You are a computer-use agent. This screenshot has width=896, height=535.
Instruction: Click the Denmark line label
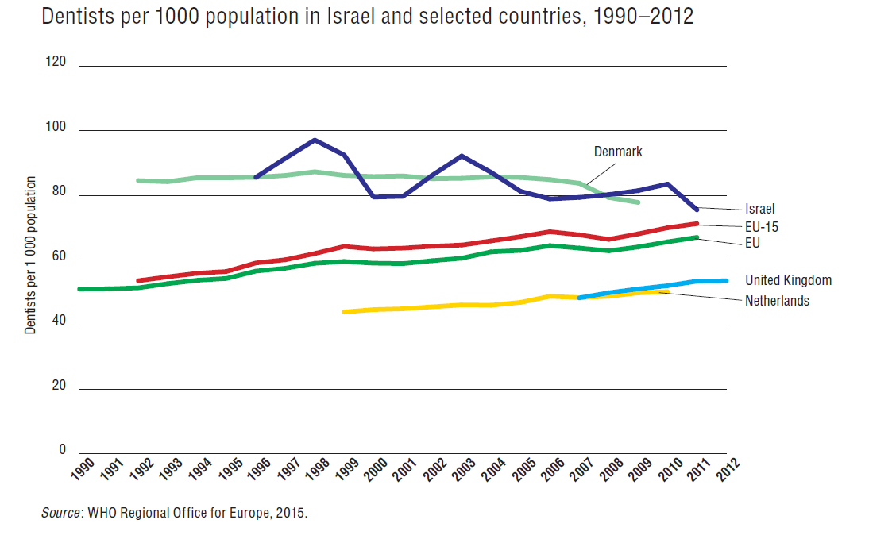(618, 152)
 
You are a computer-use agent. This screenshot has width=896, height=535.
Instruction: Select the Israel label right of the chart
(760, 209)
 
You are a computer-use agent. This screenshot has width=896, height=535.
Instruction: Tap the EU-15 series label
(762, 227)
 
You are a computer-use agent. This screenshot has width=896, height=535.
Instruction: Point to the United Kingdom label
(788, 280)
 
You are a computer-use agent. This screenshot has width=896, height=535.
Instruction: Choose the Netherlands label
(777, 301)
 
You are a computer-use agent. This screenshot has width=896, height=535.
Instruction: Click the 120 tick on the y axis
(56, 63)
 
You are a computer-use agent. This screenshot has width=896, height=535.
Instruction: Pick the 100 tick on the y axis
(56, 129)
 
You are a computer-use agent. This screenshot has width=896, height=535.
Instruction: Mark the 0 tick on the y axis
(62, 450)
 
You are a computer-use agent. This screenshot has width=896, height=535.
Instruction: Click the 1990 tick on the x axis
(83, 469)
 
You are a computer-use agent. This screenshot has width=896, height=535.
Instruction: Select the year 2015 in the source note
(290, 513)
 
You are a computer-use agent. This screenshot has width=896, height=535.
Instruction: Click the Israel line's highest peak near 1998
(315, 140)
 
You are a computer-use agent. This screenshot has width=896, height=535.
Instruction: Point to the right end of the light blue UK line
(725, 280)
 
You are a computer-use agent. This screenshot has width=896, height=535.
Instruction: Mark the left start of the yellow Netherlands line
(344, 312)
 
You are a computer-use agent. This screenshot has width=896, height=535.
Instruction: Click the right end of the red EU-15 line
(697, 223)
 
